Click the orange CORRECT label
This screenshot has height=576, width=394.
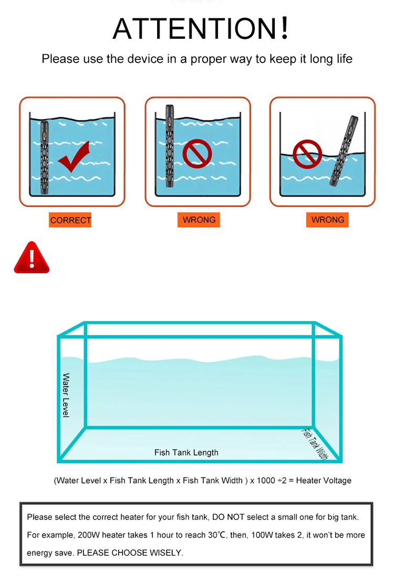(x=70, y=220)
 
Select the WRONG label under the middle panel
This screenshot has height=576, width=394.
(x=199, y=220)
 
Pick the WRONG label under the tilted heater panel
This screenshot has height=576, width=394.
(x=327, y=220)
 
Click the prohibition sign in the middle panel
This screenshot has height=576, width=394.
(x=197, y=153)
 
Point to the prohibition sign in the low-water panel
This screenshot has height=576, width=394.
(x=307, y=154)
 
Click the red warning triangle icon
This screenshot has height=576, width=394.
(x=32, y=258)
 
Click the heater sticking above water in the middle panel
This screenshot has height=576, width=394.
(x=169, y=146)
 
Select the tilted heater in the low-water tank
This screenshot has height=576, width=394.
(x=344, y=150)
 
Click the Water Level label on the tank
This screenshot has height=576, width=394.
(x=66, y=395)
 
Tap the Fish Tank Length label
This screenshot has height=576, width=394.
(x=186, y=452)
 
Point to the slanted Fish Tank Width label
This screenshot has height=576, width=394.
(x=315, y=444)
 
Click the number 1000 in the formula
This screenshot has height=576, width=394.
(x=266, y=480)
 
